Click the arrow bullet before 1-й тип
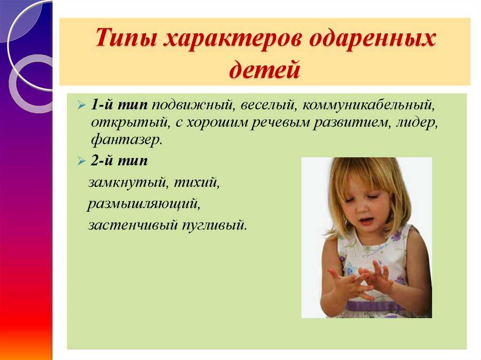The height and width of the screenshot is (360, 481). click(82, 106)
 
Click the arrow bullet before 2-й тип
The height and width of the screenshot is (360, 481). click(82, 161)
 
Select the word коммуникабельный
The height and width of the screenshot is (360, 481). click(369, 106)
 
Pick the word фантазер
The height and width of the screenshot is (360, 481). click(126, 140)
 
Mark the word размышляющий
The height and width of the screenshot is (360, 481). click(144, 204)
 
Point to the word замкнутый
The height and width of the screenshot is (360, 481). click(128, 183)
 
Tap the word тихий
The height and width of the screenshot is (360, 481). click(197, 183)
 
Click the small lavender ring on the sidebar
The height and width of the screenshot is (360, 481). click(31, 84)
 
